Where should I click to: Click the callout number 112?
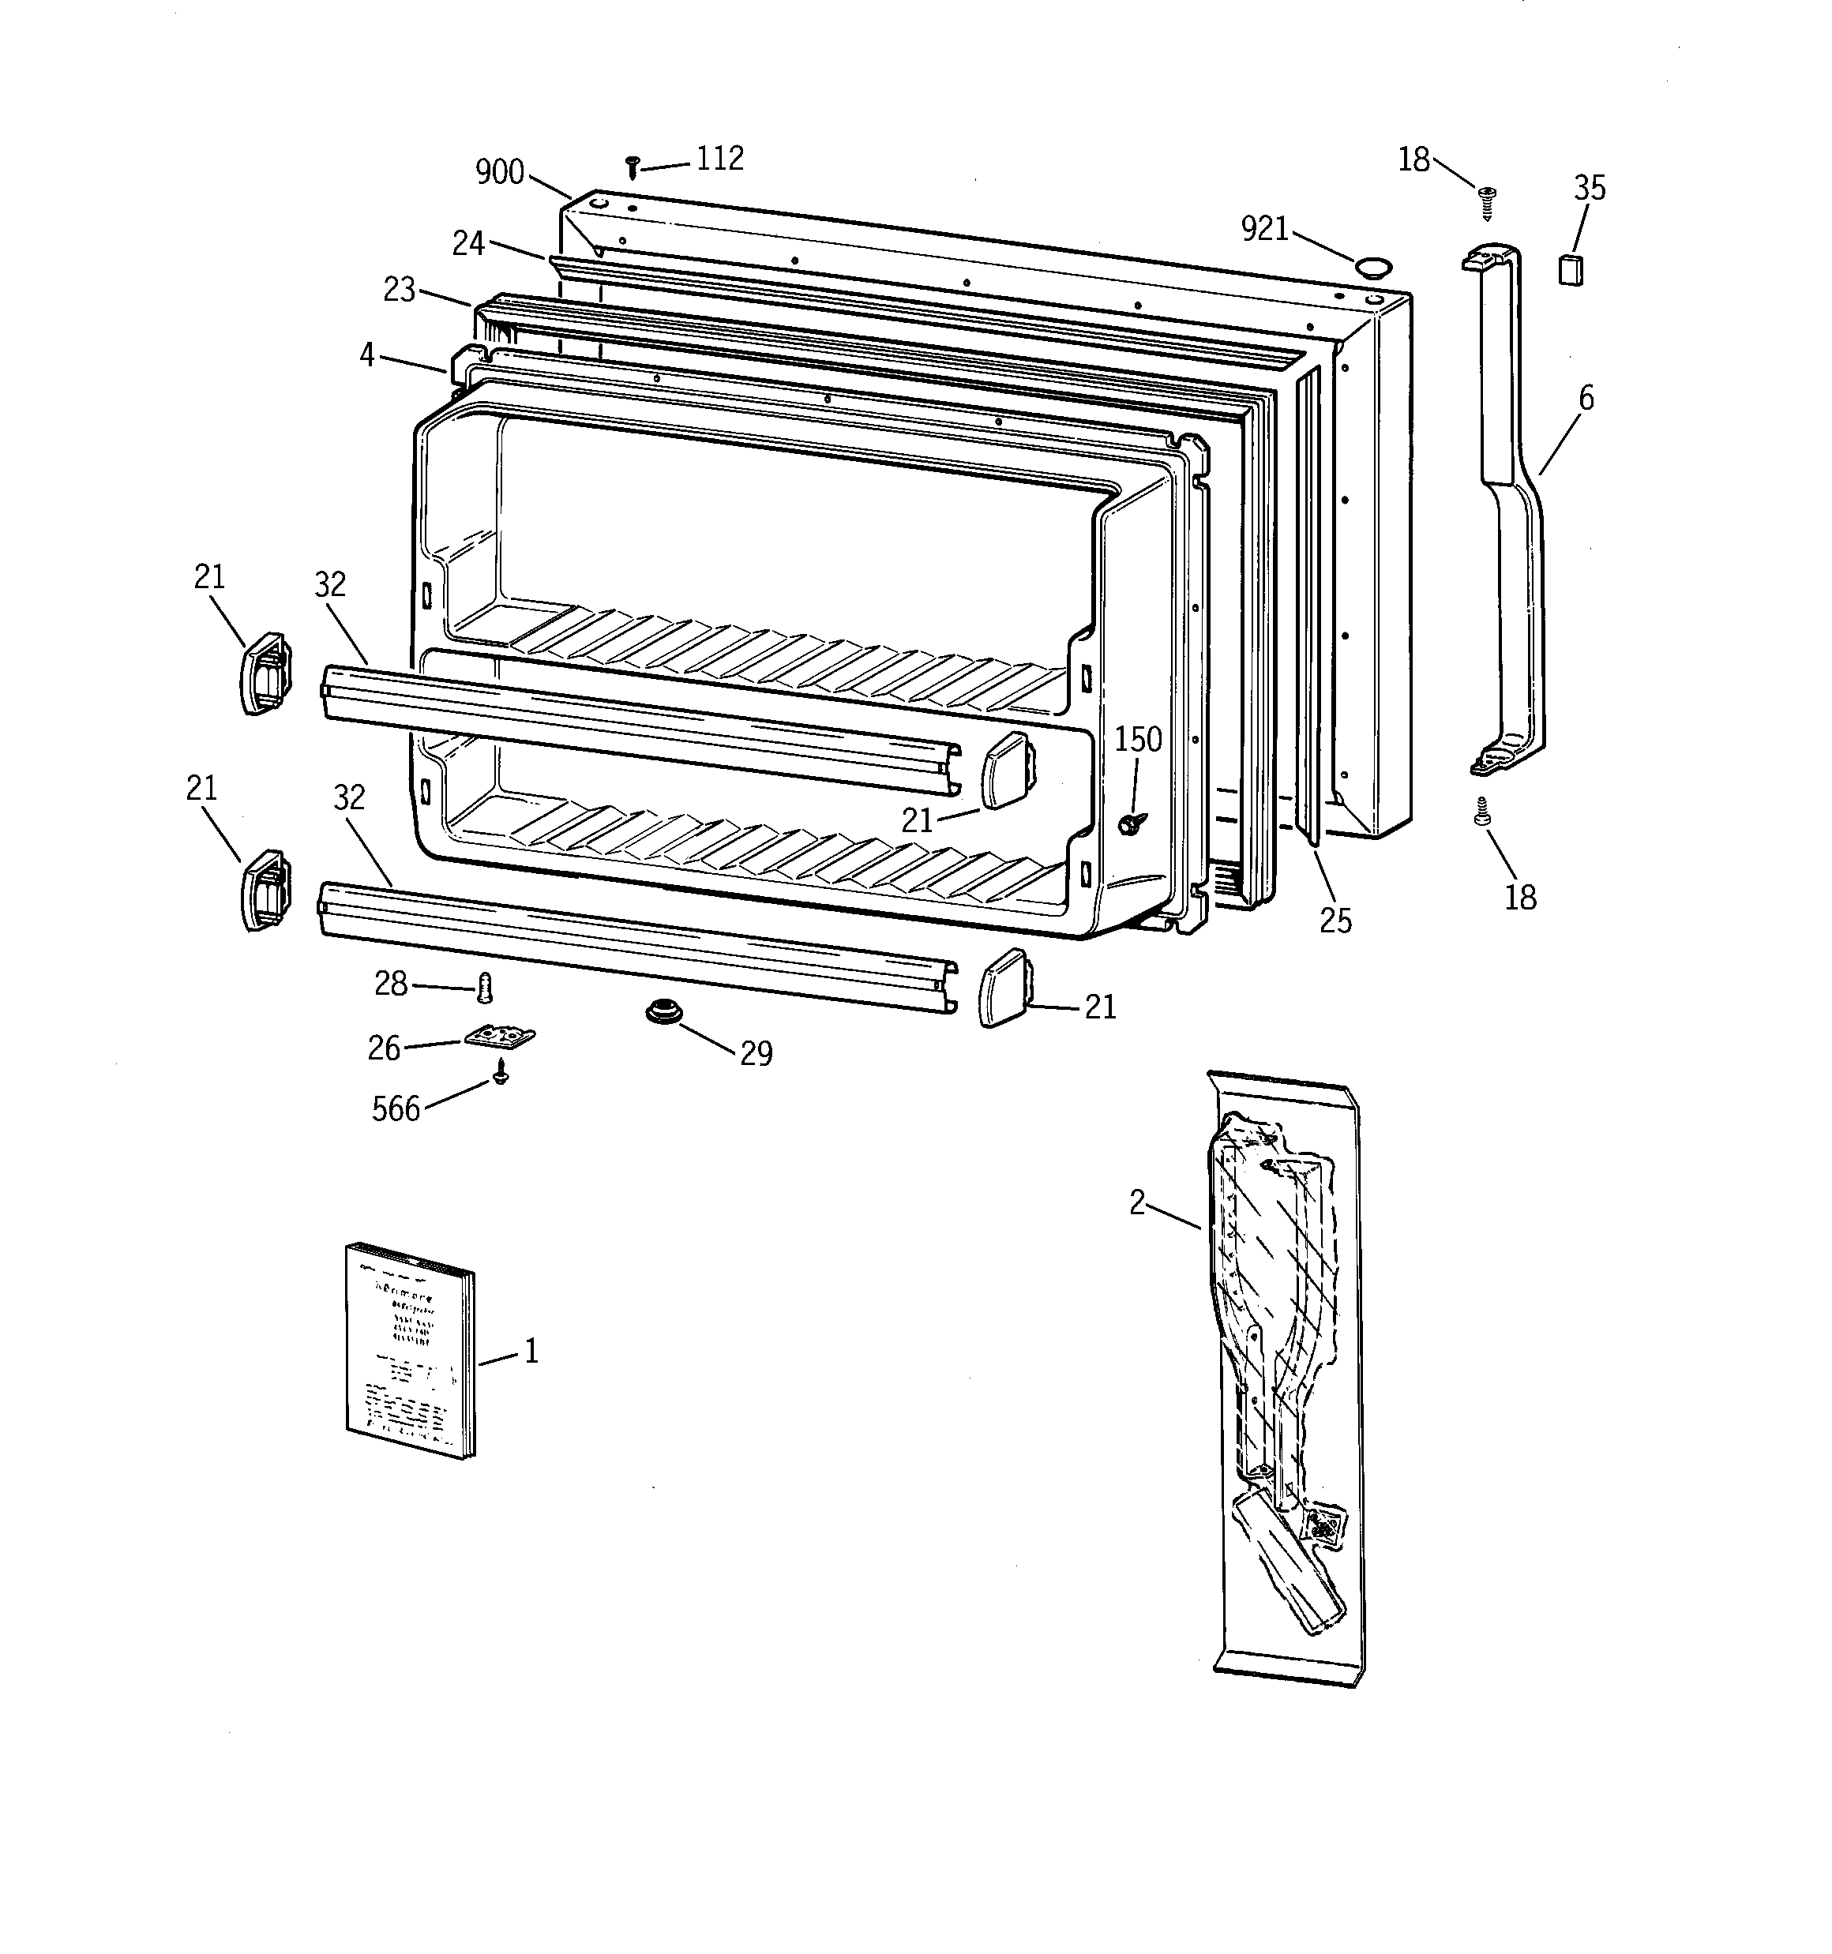720,158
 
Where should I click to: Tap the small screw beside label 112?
633,167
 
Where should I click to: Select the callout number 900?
500,172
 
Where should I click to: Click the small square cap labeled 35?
1571,268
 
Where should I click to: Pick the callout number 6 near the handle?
1585,398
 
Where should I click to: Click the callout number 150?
1138,739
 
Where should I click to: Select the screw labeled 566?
501,1075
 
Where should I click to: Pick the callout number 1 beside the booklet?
531,1352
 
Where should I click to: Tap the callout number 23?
400,290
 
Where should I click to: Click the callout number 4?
366,354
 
